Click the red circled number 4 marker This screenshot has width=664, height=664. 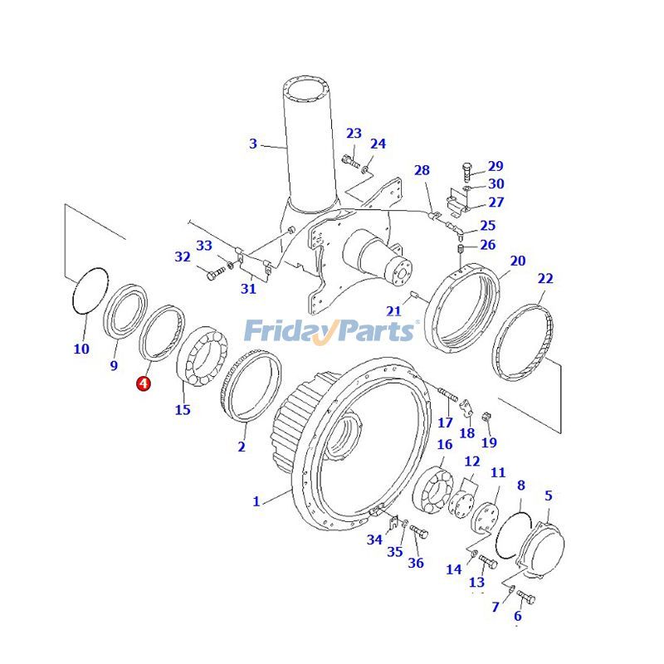(x=144, y=383)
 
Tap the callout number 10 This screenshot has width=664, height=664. (x=81, y=349)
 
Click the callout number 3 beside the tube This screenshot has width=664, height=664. (x=253, y=144)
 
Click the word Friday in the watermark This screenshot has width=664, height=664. (x=286, y=331)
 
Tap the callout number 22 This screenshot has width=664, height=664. (x=544, y=278)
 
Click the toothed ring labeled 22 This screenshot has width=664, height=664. (x=524, y=341)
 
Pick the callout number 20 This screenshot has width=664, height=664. (x=517, y=261)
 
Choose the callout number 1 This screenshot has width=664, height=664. (x=256, y=501)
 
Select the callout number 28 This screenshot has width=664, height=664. (x=422, y=170)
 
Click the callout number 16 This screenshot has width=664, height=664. (x=444, y=445)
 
